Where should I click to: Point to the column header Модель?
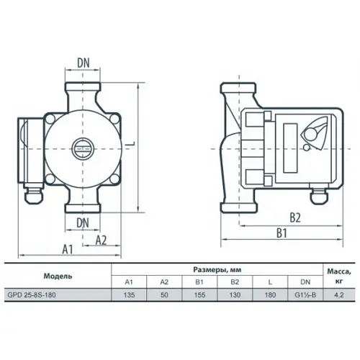coord(58,276)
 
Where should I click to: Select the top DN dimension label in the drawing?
coord(85,63)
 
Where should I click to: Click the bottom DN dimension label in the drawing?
coord(85,222)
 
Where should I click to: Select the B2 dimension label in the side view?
coord(294,215)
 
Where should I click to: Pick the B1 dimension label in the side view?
coord(282,233)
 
